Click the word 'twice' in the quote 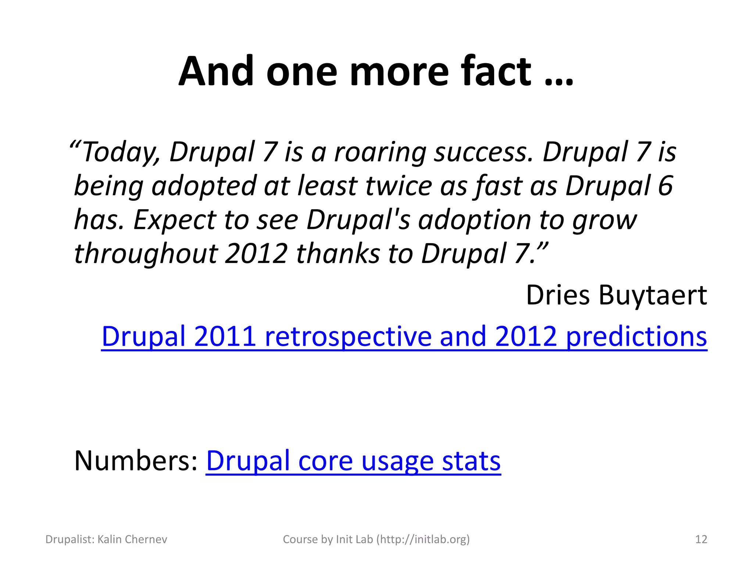399,185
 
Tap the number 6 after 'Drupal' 665,185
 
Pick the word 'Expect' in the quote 174,220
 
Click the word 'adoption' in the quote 474,220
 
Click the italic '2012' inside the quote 256,254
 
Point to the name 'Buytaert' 653,295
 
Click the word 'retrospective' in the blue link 347,337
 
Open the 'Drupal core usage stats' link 353,461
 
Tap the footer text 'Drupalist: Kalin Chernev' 106,539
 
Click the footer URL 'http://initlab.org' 423,539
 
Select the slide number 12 701,539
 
